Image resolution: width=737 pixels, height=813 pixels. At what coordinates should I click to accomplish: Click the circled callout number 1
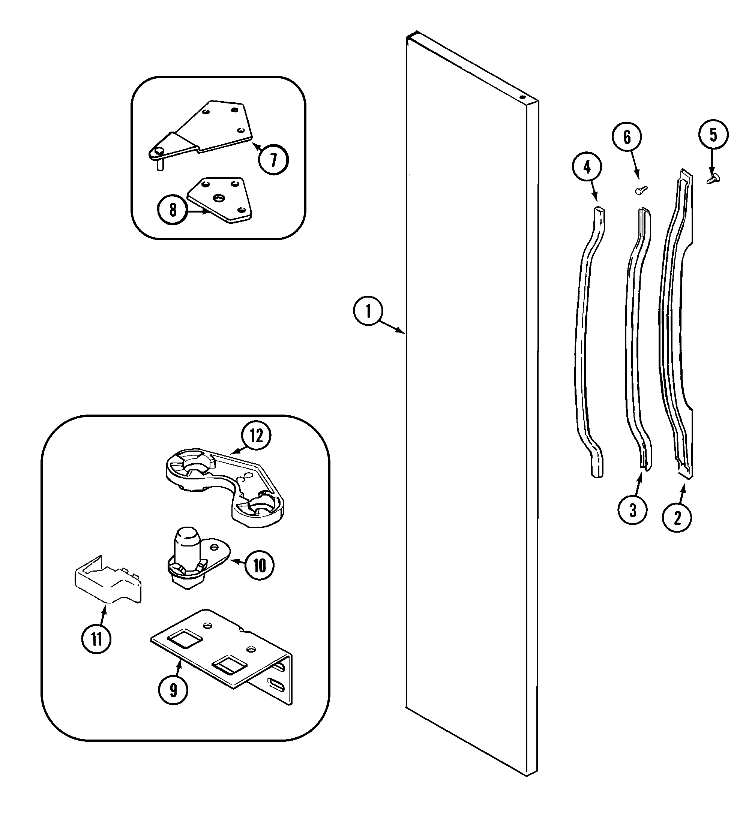click(x=367, y=311)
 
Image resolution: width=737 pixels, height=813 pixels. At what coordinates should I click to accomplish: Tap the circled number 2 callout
click(x=677, y=517)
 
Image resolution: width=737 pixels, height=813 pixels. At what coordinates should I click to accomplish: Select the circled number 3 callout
click(x=632, y=510)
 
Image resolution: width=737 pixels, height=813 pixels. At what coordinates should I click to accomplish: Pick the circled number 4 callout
click(x=587, y=166)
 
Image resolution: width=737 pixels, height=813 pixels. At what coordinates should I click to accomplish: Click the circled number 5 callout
click(x=713, y=135)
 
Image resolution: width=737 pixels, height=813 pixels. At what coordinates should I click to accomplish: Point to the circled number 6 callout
click(x=627, y=138)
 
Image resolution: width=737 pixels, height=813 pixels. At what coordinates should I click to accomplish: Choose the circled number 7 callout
click(x=274, y=160)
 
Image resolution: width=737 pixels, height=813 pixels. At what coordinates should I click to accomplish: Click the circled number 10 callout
click(x=259, y=565)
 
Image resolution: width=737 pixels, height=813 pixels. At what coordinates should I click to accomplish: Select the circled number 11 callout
click(x=96, y=639)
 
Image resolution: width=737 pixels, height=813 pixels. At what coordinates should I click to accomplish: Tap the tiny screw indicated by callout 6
click(x=641, y=190)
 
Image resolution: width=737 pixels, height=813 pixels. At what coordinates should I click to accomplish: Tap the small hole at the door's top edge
click(x=522, y=97)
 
